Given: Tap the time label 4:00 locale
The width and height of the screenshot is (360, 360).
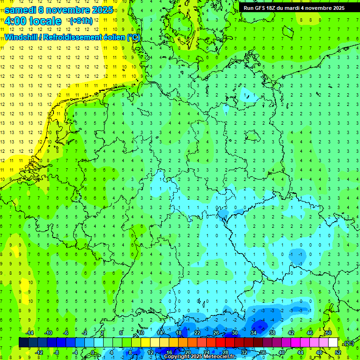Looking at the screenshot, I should coord(33,21).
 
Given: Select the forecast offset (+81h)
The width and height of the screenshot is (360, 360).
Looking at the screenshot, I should coord(81,21).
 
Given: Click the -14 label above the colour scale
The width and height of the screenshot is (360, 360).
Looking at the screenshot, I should coord(30,333).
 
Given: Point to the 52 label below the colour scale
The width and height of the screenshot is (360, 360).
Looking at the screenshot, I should coord(338,352).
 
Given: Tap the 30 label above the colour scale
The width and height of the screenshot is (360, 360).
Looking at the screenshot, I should coord(234,333).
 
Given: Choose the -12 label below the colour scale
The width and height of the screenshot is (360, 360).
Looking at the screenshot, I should coord(39,352).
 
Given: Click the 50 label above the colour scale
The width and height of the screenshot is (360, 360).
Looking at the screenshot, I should coord(329,333).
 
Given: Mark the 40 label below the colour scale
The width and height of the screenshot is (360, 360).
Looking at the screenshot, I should coord(281,352).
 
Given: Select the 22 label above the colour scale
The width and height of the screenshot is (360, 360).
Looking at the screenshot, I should coord(197,333).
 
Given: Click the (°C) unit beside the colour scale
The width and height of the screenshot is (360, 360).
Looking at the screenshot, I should coord(349,343).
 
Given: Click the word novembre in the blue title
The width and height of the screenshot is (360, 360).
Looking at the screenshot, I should coord(70,10).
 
